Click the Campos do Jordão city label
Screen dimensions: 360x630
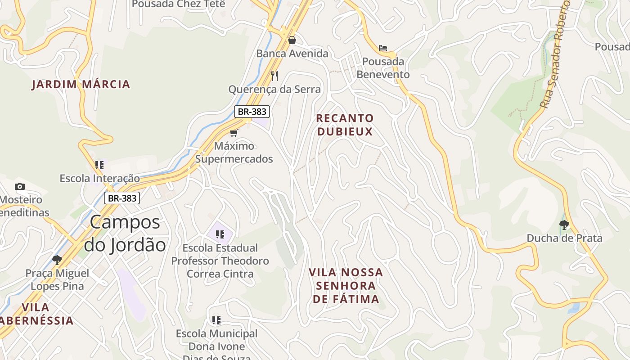tap(125, 234)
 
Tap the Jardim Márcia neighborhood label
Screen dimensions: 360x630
tap(81, 84)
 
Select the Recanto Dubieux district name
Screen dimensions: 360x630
tap(345, 125)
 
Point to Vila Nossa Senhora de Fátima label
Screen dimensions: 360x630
tap(346, 286)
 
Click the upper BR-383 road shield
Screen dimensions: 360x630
tap(252, 112)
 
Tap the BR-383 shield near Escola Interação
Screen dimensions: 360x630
tap(122, 198)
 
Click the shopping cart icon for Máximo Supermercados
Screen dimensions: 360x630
tap(234, 133)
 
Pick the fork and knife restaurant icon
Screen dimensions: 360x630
tap(274, 76)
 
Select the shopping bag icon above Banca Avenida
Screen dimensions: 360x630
tap(292, 40)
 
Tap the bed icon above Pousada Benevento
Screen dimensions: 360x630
tap(383, 48)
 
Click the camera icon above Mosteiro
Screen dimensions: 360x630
tap(20, 186)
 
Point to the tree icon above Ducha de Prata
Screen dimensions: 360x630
tap(564, 225)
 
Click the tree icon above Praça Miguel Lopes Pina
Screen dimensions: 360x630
tap(57, 260)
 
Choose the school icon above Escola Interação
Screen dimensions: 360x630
tap(99, 165)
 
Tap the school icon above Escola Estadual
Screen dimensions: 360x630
tap(220, 234)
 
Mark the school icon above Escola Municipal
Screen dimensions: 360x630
tap(216, 320)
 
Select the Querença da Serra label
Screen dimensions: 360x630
tap(274, 89)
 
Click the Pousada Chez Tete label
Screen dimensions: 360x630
tap(178, 4)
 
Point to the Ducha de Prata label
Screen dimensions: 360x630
tap(564, 238)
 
